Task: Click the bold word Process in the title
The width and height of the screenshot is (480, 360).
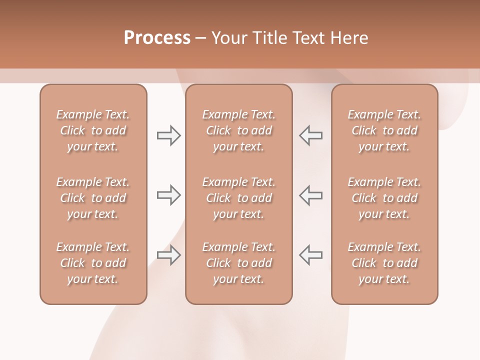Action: (157, 38)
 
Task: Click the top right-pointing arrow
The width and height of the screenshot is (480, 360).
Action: (168, 135)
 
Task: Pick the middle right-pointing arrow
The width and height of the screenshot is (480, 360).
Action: (168, 195)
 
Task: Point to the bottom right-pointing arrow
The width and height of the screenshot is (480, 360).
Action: (168, 255)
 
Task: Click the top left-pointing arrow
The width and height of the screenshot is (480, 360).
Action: (310, 135)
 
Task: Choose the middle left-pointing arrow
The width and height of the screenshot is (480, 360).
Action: (310, 195)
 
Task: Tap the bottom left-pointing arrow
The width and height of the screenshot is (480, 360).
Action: (310, 255)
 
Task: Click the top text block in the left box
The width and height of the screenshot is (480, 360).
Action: (93, 130)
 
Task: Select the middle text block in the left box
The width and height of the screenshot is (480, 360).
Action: (93, 198)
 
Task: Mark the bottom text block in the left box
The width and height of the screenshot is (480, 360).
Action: (93, 263)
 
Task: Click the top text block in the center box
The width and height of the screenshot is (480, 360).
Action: (239, 130)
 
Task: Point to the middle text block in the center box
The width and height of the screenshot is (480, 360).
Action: (239, 198)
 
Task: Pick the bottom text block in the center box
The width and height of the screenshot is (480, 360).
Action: (239, 263)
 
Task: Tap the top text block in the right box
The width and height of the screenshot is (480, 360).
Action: (384, 130)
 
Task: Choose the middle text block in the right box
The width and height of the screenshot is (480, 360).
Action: (384, 198)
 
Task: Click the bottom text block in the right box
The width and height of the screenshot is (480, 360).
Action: (384, 263)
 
